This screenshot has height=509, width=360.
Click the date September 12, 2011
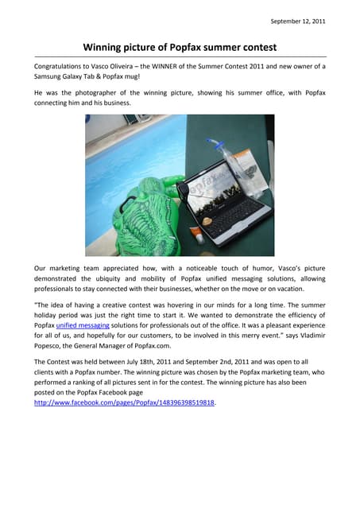(x=298, y=21)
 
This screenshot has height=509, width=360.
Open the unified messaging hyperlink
(x=83, y=324)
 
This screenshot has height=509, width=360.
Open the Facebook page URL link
(x=125, y=402)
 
